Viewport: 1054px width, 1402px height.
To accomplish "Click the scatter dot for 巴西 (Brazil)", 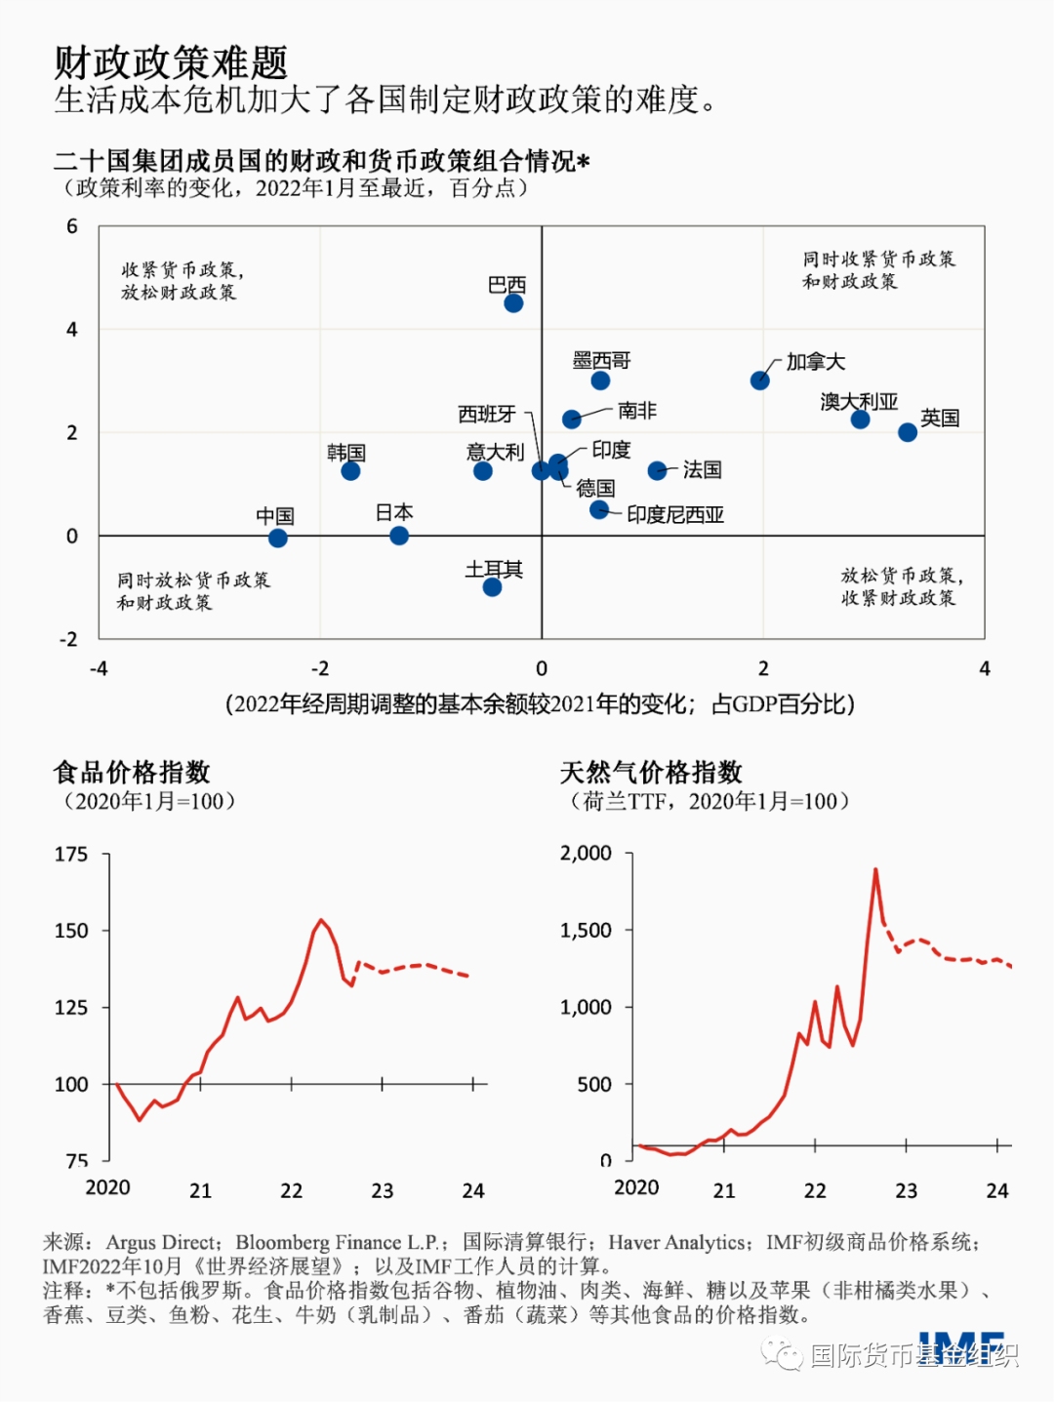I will tap(513, 303).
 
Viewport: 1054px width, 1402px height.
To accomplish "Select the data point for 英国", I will tap(908, 432).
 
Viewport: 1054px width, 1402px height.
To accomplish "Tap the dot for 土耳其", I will tap(492, 587).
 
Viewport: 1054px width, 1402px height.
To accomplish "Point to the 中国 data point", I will tap(278, 539).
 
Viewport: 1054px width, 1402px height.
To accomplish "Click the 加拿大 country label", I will tap(815, 362).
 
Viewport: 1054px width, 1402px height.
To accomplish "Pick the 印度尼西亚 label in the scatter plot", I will tap(675, 514).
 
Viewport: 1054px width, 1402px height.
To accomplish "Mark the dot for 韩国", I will tap(350, 471).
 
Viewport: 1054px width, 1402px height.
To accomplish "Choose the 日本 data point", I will tap(399, 536).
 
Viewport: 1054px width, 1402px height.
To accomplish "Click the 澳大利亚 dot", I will tap(860, 420).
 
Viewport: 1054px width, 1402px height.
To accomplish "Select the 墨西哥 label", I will tap(601, 360).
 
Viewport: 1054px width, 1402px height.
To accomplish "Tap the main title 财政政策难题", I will tap(171, 62).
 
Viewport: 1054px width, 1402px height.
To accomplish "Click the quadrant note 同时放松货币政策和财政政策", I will tap(192, 591).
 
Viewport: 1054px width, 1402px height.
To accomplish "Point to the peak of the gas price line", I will tap(875, 869).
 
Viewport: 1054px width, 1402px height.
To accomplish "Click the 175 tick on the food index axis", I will tap(71, 855).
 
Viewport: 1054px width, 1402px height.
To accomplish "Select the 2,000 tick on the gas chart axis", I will tap(586, 854).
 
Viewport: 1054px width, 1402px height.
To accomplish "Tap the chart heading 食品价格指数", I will tap(132, 773).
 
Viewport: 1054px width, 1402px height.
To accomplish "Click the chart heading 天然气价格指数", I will tap(651, 773).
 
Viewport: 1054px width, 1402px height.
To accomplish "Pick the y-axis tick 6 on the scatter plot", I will tap(72, 227).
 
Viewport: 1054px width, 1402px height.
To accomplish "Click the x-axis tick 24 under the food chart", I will tap(473, 1190).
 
